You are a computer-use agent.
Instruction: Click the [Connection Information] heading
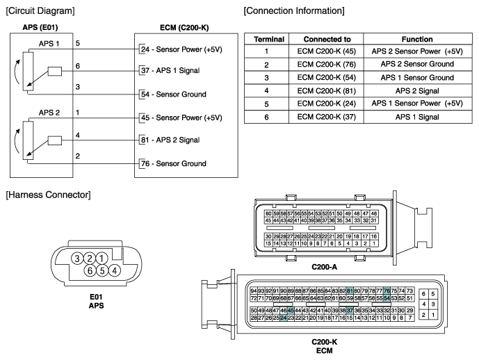pyautogui.click(x=294, y=11)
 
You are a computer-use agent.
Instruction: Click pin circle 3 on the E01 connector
pyautogui.click(x=77, y=259)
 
